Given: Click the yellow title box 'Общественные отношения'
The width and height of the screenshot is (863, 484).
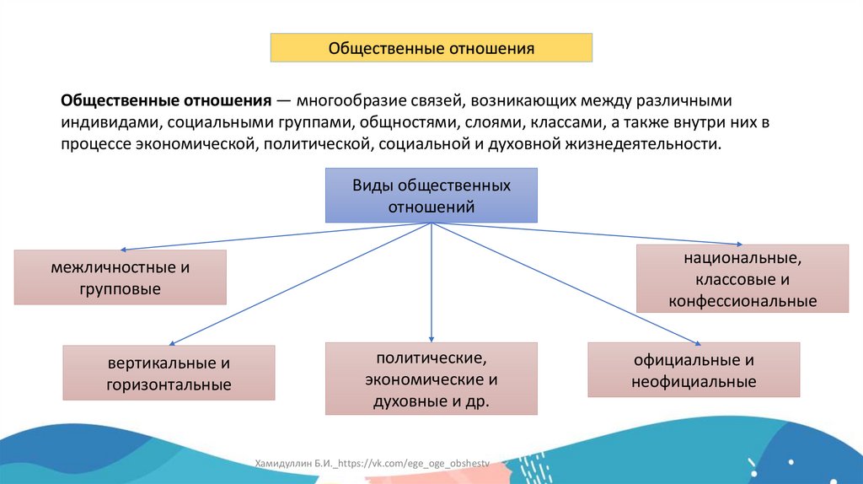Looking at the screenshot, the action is [x=431, y=47].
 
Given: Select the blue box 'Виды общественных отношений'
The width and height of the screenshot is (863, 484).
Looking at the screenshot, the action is [x=431, y=196].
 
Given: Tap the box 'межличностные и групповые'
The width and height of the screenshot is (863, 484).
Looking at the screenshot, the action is [x=120, y=277].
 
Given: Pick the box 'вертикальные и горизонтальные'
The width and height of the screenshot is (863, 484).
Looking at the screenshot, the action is [x=169, y=373].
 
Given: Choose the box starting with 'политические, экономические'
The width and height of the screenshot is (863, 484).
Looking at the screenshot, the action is [x=431, y=379].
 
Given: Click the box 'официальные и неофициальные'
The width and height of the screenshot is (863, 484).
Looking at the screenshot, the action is [x=694, y=370].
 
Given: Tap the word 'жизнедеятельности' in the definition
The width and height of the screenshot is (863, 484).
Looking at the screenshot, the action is [x=649, y=144].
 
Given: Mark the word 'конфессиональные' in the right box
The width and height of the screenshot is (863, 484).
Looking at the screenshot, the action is [x=742, y=301].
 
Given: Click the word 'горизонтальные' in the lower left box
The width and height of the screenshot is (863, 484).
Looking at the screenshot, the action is [x=169, y=385].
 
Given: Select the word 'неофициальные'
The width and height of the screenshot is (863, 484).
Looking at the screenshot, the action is [x=694, y=382].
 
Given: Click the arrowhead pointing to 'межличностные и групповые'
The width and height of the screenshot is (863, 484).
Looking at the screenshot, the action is [x=124, y=250].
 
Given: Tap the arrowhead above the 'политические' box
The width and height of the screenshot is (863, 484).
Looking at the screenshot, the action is [x=431, y=337].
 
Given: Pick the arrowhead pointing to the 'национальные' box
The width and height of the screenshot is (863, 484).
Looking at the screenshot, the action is [x=739, y=243].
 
